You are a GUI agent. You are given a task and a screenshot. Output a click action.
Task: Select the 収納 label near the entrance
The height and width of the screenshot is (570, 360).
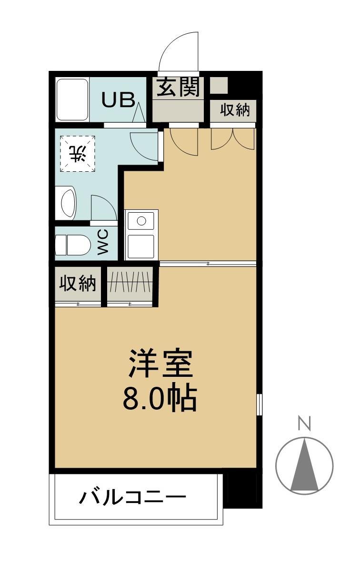tap(234, 110)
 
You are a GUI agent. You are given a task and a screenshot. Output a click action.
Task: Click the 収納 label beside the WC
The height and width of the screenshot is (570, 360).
tap(78, 284)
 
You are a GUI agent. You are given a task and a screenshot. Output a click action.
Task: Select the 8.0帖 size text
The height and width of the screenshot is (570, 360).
tap(160, 400)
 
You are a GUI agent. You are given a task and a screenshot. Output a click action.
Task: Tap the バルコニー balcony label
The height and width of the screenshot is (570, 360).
tap(132, 498)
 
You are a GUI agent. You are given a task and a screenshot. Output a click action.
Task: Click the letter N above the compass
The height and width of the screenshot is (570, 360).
tap(304, 423)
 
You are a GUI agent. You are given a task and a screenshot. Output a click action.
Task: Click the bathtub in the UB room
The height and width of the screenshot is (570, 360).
tap(72, 99)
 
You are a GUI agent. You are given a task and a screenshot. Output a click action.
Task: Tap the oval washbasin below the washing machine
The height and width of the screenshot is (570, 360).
tap(68, 204)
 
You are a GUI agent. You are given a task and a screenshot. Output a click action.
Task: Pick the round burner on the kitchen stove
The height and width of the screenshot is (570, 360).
tap(141, 221)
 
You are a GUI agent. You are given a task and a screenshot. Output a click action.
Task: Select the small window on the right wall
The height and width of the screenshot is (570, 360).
tap(259, 404)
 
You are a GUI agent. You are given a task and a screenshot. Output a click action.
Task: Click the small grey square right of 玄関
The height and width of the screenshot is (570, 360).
tap(219, 85)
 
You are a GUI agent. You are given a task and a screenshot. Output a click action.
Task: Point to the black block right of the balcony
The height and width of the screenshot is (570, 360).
tap(243, 490)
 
